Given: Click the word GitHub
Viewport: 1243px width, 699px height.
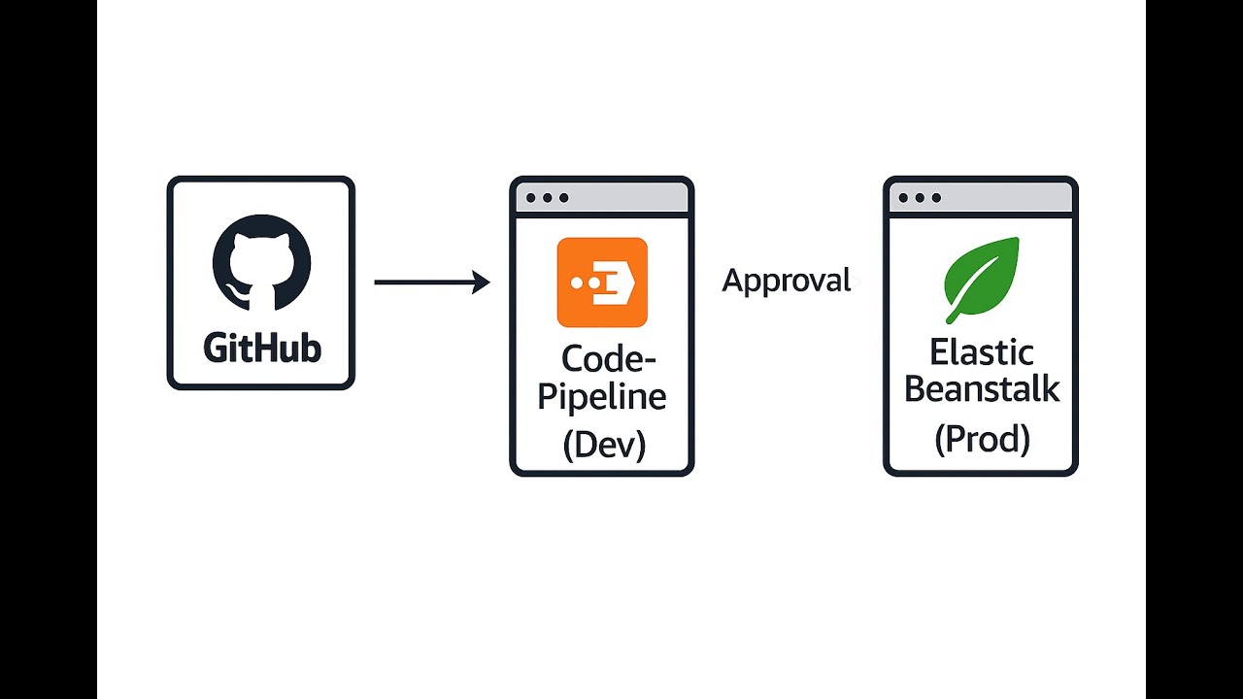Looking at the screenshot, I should pyautogui.click(x=261, y=348).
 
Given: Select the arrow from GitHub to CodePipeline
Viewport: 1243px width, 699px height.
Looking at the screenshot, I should pyautogui.click(x=427, y=283).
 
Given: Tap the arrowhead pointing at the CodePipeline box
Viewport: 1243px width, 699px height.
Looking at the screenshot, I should pyautogui.click(x=481, y=283).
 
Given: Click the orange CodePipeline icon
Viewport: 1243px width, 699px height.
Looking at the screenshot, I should pyautogui.click(x=602, y=282).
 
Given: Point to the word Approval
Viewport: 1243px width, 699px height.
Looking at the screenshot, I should pyautogui.click(x=787, y=281).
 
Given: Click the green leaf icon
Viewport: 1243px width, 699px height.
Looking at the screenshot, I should pyautogui.click(x=982, y=279).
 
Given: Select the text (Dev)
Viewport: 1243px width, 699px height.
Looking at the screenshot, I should pyautogui.click(x=603, y=445).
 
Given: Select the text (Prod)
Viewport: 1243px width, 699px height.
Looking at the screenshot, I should pyautogui.click(x=982, y=439).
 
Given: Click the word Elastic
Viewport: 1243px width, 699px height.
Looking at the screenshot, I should pyautogui.click(x=982, y=351).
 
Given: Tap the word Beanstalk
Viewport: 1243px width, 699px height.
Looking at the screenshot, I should pyautogui.click(x=982, y=389).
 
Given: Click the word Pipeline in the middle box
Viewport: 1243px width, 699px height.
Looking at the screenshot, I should pyautogui.click(x=602, y=397).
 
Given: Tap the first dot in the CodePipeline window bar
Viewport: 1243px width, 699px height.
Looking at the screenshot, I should pyautogui.click(x=531, y=198).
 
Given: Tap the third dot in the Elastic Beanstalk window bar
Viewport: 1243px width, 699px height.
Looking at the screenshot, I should pyautogui.click(x=936, y=198).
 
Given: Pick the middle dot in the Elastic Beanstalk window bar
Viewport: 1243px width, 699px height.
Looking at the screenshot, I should pyautogui.click(x=920, y=198).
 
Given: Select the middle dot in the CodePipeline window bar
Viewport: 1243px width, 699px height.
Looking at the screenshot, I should pyautogui.click(x=548, y=198).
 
